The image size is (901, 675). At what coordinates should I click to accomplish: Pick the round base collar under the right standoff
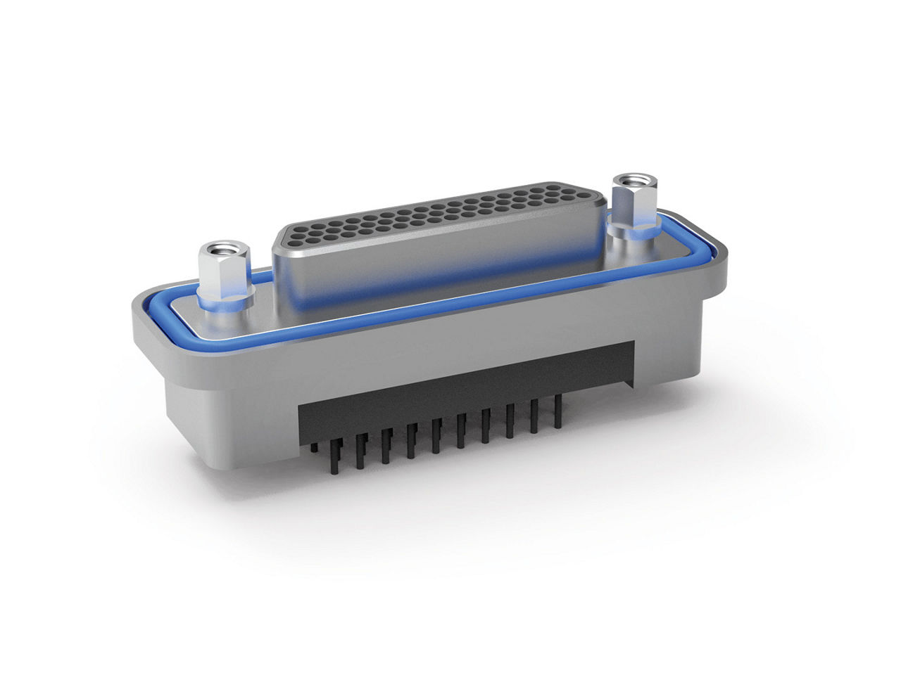coord(634,230)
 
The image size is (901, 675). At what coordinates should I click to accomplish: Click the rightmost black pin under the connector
coord(558,411)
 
